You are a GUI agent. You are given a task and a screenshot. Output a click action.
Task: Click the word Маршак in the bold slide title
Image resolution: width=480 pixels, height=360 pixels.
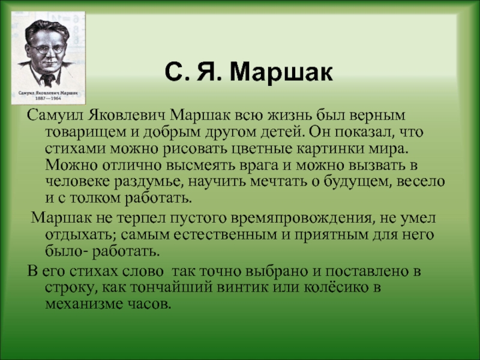click(x=281, y=72)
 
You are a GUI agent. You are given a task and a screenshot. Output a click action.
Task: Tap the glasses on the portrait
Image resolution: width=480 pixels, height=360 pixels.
click(x=48, y=49)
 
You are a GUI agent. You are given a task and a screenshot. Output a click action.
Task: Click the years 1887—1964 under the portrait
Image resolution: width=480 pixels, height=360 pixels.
click(x=48, y=98)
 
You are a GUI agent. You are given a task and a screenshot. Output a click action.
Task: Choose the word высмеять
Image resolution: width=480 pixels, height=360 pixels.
click(x=201, y=166)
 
